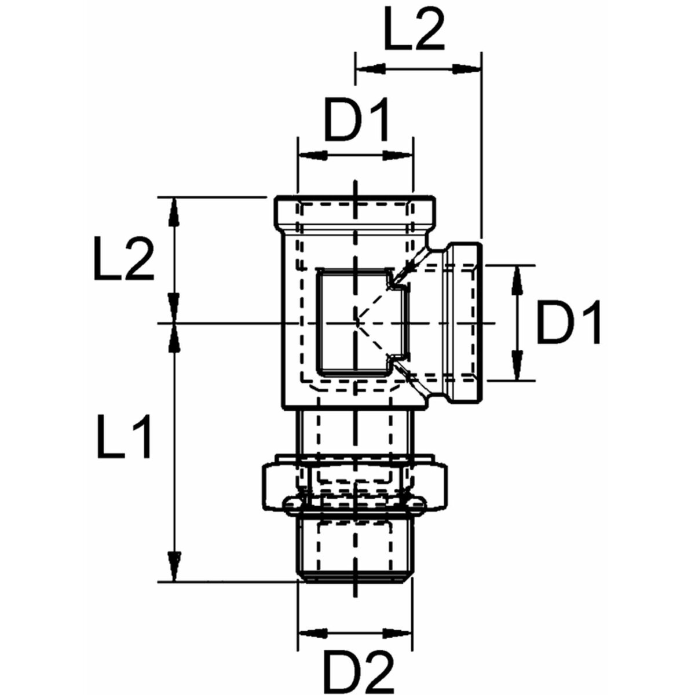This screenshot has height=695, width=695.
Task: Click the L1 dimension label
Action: pos(125,436)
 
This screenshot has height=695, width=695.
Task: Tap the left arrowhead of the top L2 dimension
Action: pos(369,69)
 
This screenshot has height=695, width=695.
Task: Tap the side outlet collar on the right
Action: pos(463,322)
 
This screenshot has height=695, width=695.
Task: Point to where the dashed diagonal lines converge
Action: pos(356,322)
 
